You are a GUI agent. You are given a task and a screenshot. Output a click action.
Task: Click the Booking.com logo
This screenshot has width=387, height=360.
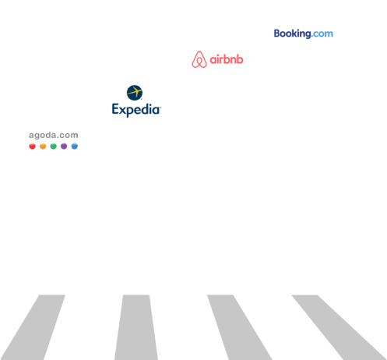click(x=304, y=34)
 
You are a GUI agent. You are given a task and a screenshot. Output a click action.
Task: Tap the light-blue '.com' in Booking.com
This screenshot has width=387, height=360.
click(x=322, y=34)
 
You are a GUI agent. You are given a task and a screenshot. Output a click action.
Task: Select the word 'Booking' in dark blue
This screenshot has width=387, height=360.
click(x=293, y=34)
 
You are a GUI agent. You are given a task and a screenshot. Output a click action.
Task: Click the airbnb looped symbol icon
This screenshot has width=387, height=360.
click(x=199, y=59)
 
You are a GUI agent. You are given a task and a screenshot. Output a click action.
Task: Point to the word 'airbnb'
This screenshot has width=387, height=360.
click(x=227, y=59)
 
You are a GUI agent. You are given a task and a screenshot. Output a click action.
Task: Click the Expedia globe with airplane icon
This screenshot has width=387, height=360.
click(x=135, y=93)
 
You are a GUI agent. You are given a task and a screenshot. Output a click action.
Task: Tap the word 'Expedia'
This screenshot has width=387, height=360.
click(x=136, y=110)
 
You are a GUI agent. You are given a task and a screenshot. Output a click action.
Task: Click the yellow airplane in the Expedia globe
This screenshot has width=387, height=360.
click(x=135, y=92)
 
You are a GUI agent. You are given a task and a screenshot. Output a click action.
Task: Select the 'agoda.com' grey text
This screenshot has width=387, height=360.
click(x=54, y=136)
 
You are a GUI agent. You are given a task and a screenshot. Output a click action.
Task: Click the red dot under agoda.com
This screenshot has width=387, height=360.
click(x=32, y=146)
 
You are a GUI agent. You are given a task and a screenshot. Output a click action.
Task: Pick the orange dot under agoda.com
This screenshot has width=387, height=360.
click(x=43, y=146)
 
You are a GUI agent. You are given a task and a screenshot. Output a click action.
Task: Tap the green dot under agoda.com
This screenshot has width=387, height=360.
click(x=53, y=146)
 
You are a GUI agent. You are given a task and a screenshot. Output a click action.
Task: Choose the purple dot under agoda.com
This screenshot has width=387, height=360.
click(x=64, y=146)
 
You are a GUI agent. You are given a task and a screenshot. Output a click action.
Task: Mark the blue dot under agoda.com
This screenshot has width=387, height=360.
click(x=75, y=146)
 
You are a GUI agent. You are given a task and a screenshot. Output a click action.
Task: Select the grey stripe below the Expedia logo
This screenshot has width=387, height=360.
click(x=136, y=327)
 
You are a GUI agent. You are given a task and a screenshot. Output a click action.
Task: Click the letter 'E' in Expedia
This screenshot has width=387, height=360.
click(x=115, y=108)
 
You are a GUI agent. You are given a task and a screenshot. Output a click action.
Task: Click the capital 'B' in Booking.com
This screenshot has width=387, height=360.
click(x=277, y=34)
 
